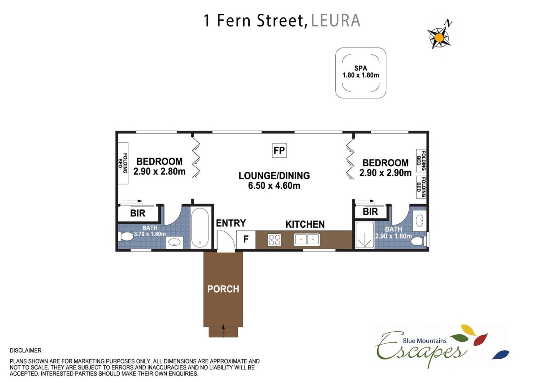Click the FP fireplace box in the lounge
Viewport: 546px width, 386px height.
[279, 150]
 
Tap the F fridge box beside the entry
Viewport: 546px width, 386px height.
[246, 239]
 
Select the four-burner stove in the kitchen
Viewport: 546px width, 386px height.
[274, 240]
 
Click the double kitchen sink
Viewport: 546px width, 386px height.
[307, 239]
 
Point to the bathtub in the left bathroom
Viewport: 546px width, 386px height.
[200, 228]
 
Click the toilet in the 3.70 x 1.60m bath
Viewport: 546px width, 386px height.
[125, 236]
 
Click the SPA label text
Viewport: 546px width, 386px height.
[361, 68]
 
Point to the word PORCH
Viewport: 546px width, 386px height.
[223, 289]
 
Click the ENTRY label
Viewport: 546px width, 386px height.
[231, 223]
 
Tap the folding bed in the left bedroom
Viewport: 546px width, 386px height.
[123, 163]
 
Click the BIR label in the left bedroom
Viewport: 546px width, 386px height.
[138, 213]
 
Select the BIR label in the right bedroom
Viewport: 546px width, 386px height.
[370, 212]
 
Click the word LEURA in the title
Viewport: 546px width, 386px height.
[336, 20]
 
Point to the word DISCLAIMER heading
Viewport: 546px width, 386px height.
[26, 350]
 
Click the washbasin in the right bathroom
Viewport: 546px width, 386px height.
[419, 221]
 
